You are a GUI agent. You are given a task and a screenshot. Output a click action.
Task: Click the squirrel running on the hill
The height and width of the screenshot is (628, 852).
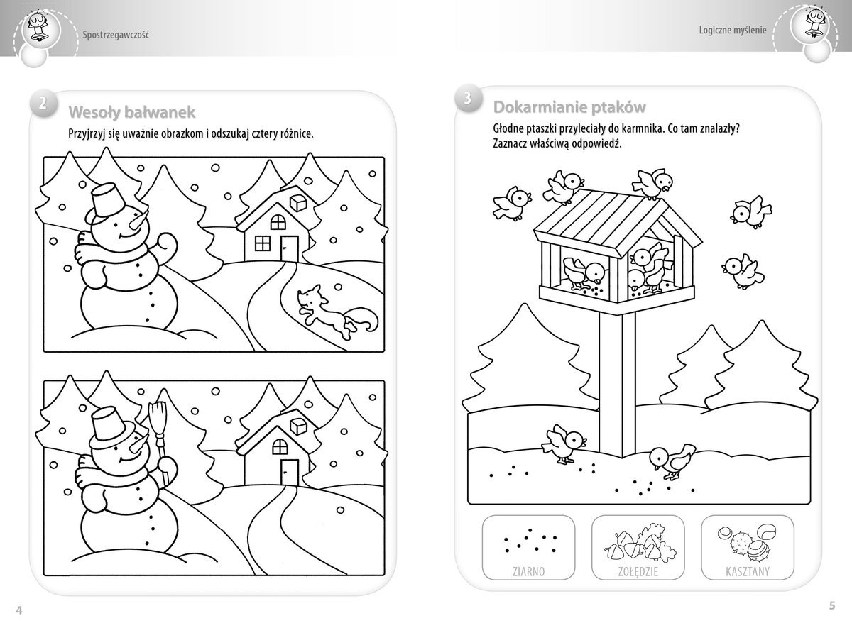[x=337, y=312]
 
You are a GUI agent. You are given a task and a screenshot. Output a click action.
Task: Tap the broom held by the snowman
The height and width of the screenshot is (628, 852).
[x=160, y=441]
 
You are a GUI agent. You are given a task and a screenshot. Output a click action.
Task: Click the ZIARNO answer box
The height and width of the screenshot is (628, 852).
[x=528, y=548]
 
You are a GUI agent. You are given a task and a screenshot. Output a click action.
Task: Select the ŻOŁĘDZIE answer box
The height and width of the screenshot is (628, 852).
[x=638, y=548]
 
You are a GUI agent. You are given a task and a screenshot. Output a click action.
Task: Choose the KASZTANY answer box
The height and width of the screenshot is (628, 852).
[x=748, y=548]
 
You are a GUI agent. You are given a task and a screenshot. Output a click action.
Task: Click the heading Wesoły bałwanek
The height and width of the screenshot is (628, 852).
[x=131, y=113]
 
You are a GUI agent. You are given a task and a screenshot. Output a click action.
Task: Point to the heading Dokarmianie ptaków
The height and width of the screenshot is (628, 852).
[x=569, y=108]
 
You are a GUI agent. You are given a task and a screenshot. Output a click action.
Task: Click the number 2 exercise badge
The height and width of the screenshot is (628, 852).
[x=43, y=103]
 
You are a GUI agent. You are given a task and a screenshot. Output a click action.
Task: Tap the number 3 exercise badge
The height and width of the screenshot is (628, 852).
[x=468, y=98]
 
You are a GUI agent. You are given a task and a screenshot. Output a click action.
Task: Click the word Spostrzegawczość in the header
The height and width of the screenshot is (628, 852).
[x=116, y=35]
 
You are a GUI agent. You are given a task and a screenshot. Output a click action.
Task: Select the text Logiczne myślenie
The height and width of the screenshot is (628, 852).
[x=733, y=30]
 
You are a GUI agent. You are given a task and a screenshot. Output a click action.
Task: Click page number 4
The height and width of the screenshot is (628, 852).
[x=19, y=610]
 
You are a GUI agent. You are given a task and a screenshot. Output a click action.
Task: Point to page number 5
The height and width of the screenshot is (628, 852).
[x=832, y=605]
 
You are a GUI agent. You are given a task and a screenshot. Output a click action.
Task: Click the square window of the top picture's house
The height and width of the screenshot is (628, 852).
[x=263, y=243]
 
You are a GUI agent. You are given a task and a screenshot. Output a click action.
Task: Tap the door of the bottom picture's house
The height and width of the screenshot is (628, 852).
[x=290, y=473]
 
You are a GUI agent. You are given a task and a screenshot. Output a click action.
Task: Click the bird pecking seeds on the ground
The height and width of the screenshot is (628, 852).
[x=672, y=461]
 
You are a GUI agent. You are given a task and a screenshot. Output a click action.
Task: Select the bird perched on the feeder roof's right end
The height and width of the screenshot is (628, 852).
[x=652, y=183]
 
